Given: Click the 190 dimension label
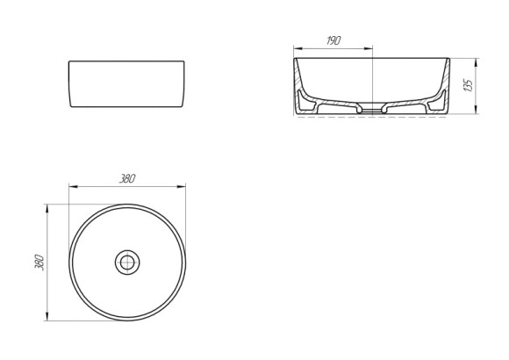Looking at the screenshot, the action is [x=333, y=40].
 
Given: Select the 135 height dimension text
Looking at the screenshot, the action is [x=468, y=85].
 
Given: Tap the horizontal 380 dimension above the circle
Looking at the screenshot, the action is [x=127, y=179].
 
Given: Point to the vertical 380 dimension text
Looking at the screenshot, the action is [x=39, y=263].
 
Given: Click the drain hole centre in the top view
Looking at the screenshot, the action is [x=127, y=263].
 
